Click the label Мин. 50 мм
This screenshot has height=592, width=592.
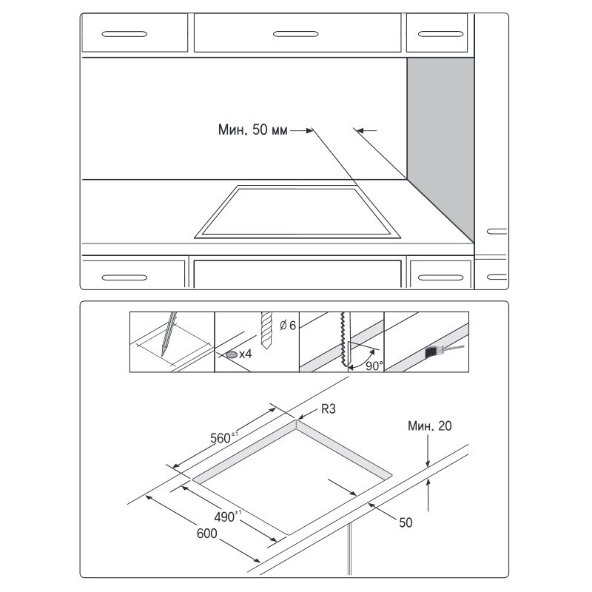252,131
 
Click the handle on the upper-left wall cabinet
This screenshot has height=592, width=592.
124,34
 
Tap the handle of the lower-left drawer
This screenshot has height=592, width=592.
124,277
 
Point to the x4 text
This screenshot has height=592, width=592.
246,355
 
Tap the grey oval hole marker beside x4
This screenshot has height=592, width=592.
232,355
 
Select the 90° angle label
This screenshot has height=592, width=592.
374,365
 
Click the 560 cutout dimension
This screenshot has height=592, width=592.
222,437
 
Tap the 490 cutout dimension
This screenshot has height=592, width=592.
226,517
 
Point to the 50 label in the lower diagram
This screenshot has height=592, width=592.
406,522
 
